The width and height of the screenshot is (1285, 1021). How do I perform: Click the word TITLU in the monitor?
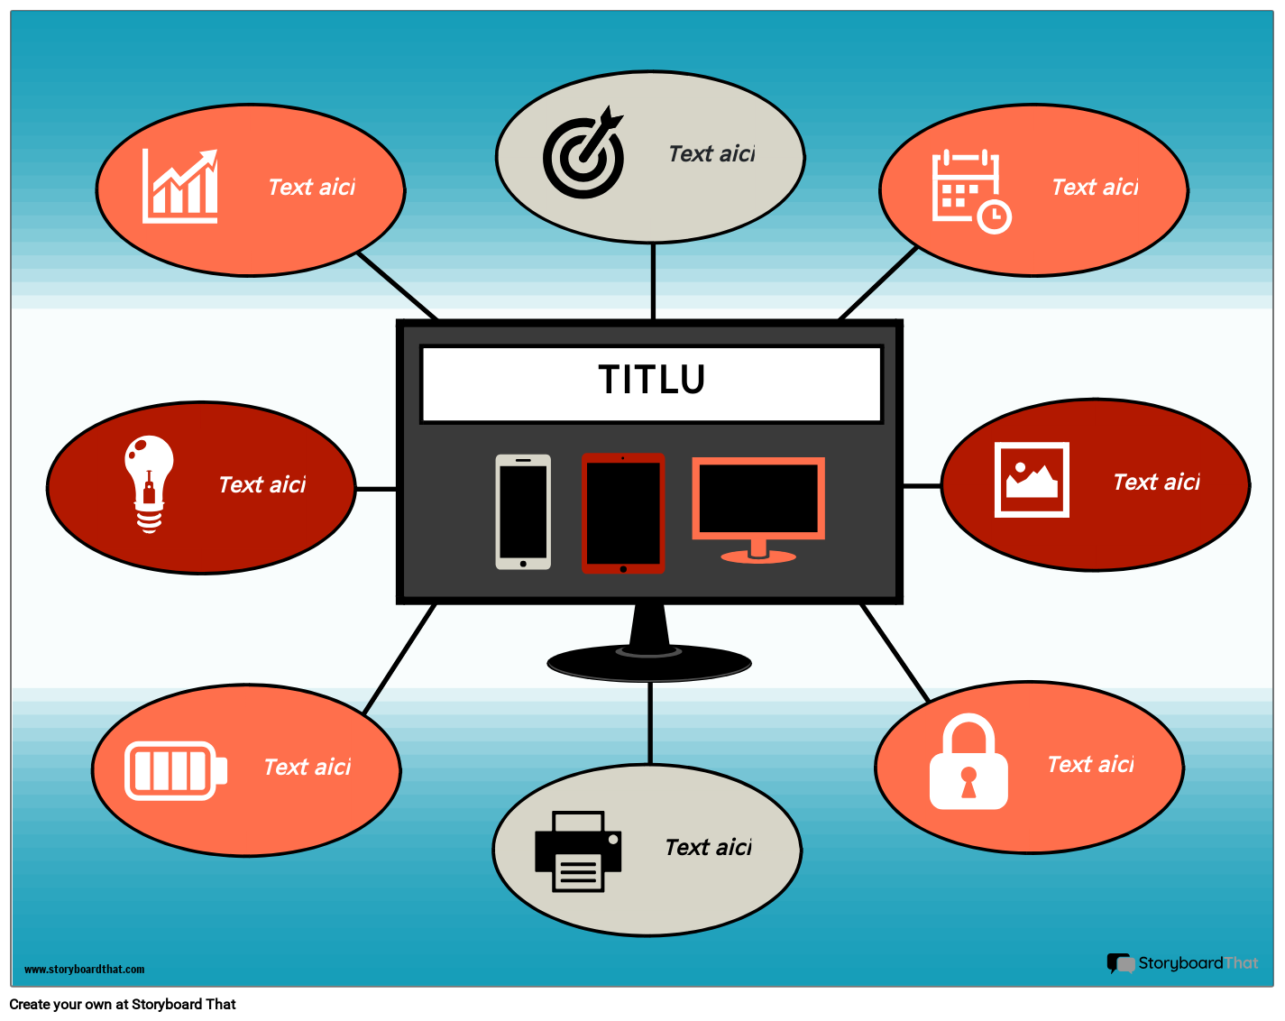coord(651,380)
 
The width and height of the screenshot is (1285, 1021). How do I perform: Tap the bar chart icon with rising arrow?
coord(180,187)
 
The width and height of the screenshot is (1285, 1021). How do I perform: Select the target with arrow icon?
coord(584,154)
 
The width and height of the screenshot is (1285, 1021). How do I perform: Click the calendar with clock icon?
coord(969,190)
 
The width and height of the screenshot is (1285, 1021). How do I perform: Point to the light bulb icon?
coord(149,483)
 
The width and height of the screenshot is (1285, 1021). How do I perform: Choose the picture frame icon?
coord(1032,480)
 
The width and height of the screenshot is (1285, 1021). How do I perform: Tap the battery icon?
coord(175,770)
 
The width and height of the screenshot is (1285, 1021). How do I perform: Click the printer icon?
coord(578,851)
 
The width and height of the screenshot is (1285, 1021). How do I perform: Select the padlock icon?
coord(968,763)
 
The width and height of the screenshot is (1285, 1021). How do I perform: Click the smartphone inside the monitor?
coord(523,512)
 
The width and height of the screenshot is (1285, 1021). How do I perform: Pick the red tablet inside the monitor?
coord(623,513)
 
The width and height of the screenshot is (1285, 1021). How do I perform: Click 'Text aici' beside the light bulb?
coord(262,485)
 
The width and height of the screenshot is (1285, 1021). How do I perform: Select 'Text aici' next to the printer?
coord(708,848)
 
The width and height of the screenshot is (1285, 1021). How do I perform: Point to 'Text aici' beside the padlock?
coord(1090,765)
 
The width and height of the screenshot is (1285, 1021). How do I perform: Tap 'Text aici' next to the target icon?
coord(711,154)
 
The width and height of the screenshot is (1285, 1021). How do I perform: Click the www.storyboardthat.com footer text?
coord(84,970)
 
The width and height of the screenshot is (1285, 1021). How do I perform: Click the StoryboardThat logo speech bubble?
coord(1121,963)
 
